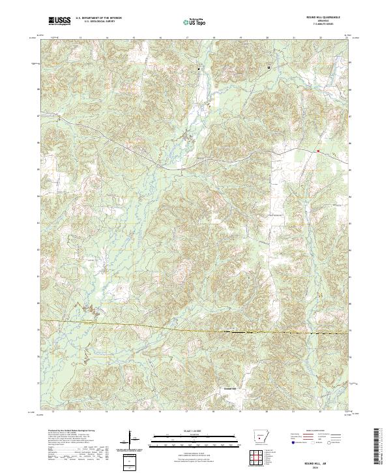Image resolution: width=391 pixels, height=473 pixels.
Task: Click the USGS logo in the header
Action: coord(59,22)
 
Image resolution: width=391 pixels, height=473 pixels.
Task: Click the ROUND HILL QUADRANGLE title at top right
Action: coord(326,18)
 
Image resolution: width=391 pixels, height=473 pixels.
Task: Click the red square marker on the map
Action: coord(317,151)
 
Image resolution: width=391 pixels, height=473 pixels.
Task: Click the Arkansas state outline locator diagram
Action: coord(261,436)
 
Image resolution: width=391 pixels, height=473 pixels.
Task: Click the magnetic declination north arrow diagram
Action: coord(130,438)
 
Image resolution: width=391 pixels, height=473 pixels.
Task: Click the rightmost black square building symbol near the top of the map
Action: coord(268,67)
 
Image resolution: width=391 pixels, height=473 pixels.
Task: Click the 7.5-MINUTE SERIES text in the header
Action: coord(326,25)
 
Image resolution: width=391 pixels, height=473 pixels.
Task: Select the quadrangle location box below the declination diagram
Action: coord(130,459)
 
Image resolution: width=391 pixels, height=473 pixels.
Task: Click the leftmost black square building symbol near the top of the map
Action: coord(199,69)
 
